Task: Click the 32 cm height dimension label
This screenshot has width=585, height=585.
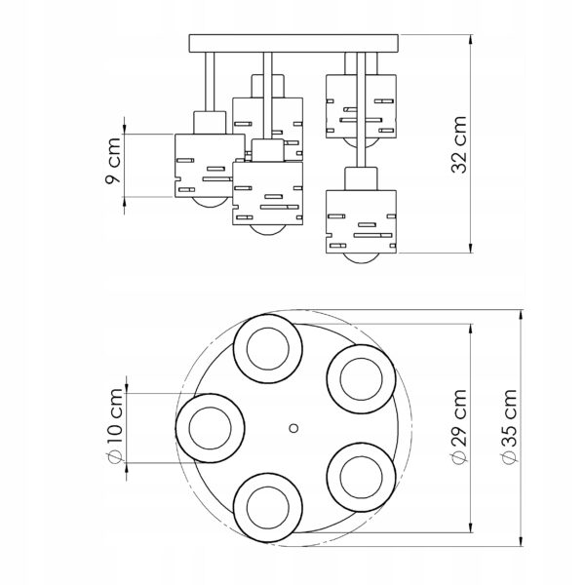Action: (x=459, y=144)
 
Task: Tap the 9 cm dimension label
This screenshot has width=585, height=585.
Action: (x=113, y=161)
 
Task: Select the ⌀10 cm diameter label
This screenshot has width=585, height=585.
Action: (x=114, y=426)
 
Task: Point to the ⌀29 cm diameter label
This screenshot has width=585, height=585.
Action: (x=459, y=428)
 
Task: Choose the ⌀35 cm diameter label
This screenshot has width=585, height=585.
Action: (x=509, y=427)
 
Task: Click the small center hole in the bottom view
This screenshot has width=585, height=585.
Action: (x=293, y=428)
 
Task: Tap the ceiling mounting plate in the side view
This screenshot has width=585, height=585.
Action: (x=293, y=43)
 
